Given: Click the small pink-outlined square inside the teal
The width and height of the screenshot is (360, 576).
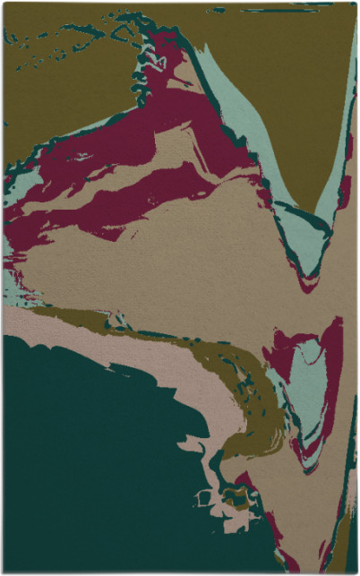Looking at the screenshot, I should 204,496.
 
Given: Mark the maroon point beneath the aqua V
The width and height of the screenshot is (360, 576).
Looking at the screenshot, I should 308,285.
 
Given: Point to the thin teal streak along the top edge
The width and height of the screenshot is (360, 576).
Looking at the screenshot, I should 269,10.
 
